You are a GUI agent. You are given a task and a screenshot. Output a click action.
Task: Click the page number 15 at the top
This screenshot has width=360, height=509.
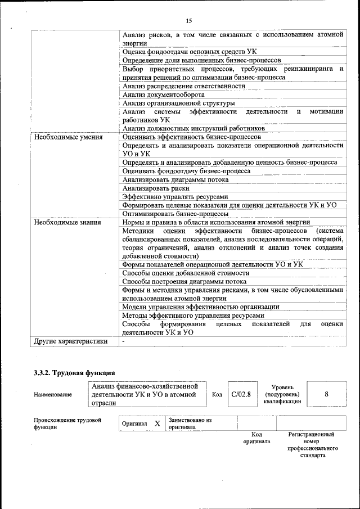coord(189,21)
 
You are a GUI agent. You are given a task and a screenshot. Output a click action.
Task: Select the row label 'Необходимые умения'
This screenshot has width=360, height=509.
coord(68,137)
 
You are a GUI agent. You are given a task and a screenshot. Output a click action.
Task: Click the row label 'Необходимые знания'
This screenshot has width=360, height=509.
coord(67,222)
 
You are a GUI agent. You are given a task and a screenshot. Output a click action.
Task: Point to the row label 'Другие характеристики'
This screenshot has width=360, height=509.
coord(70,341)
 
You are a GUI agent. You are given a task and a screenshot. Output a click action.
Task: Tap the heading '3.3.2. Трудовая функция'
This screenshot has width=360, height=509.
coord(74,372)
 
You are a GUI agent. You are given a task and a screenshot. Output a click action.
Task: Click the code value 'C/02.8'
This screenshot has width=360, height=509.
coord(241,394)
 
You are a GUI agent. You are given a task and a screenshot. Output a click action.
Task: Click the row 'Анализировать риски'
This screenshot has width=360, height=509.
coord(156,188)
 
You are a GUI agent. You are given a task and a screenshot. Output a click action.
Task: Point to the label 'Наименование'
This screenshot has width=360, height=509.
coord(53,395)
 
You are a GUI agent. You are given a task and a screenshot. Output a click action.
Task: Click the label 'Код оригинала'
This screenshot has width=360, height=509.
coord(256,438)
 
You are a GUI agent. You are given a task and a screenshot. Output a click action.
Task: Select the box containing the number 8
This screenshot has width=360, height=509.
coord(326,394)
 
